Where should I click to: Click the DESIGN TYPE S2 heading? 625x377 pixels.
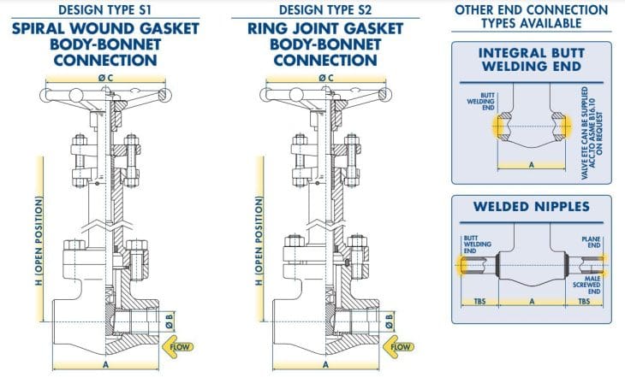click(x=320, y=9)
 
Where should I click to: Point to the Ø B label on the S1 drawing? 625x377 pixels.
click(x=170, y=321)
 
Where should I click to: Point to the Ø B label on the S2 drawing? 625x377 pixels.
click(x=390, y=321)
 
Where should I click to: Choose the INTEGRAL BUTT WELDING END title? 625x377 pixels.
click(x=531, y=59)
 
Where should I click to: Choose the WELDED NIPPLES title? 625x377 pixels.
click(x=531, y=208)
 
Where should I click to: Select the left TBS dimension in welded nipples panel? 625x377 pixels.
click(x=479, y=302)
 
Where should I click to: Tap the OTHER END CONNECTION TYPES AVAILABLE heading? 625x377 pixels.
click(x=531, y=16)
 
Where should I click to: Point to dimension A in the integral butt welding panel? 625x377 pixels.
click(x=531, y=164)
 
